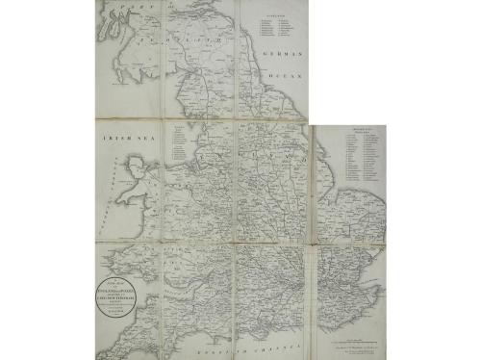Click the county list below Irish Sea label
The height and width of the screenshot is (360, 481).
coord(179,143)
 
